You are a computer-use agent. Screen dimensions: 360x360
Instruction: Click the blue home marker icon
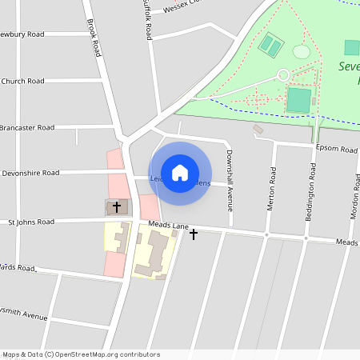(180, 172)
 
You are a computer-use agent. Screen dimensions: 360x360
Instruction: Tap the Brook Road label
(94, 38)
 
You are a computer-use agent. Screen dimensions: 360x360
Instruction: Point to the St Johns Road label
(31, 222)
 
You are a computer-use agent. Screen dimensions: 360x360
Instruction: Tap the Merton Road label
(272, 189)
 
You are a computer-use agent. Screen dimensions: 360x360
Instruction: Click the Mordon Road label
(354, 196)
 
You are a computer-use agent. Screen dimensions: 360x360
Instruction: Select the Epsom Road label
(337, 150)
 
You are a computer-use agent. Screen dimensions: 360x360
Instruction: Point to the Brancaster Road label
(27, 127)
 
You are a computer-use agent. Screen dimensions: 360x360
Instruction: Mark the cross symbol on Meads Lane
(193, 234)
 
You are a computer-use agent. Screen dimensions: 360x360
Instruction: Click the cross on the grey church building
(117, 206)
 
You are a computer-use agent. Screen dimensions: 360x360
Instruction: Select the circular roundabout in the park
(282, 74)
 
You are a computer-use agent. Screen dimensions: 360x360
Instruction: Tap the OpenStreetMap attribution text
(81, 354)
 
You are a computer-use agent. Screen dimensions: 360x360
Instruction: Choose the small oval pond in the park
(301, 52)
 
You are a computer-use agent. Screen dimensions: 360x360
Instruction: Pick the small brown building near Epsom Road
(258, 129)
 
